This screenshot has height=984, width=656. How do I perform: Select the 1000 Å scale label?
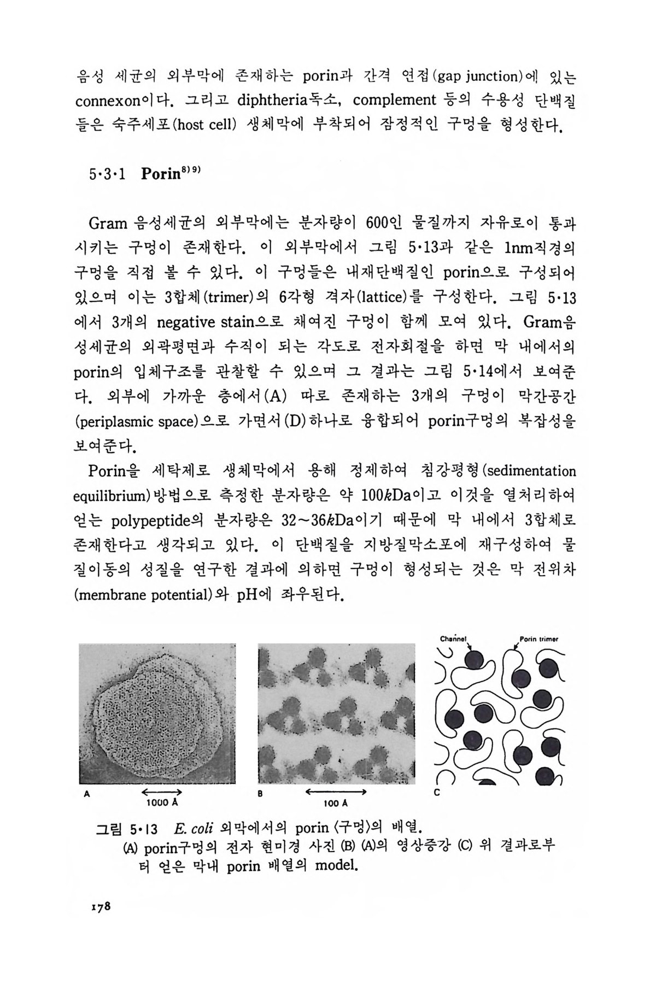pyautogui.click(x=162, y=803)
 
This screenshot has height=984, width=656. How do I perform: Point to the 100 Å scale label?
pyautogui.click(x=335, y=803)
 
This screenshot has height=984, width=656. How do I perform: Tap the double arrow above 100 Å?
pyautogui.click(x=335, y=792)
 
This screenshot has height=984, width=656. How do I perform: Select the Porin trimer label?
pyautogui.click(x=538, y=639)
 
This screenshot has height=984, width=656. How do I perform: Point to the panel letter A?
pyautogui.click(x=86, y=795)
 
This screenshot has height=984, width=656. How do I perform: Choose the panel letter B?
pyautogui.click(x=261, y=795)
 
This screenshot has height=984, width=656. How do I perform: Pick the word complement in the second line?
pyautogui.click(x=394, y=101)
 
